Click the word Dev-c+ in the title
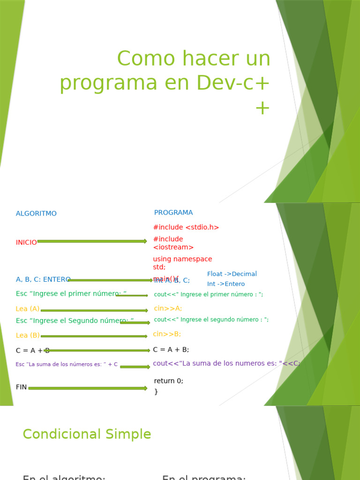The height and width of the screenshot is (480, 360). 233,83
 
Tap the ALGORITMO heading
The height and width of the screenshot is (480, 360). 36,214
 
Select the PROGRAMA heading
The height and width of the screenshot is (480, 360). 173,213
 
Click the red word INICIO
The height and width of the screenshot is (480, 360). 26,243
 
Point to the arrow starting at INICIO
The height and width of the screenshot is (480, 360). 92,241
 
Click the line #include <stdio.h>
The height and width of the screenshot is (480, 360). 186,227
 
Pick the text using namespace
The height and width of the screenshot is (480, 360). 182,259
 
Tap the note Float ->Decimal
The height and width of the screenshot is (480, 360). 232,274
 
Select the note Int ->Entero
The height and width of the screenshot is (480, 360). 226,284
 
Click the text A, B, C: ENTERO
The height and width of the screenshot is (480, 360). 43,280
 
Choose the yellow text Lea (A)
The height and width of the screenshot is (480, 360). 28,309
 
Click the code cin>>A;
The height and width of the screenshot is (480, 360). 168,308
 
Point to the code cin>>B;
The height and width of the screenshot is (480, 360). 167,334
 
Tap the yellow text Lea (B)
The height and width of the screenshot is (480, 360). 28,336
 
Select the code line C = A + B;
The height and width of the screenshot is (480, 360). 171,350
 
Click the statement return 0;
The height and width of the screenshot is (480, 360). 169,381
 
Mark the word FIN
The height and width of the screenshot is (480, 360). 21,387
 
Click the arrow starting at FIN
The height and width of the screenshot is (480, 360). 88,388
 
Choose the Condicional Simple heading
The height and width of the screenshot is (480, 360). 87,435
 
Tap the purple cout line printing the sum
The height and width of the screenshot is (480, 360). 226,363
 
